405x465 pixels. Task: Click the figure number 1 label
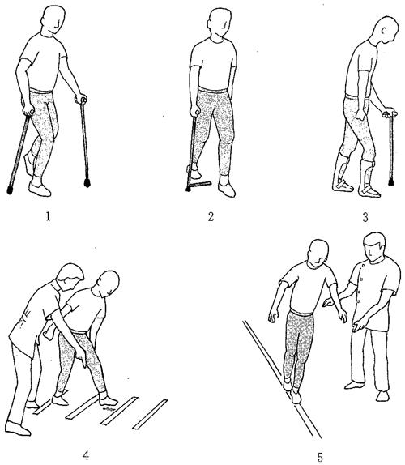pyautogui.click(x=48, y=217)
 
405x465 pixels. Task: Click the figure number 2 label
pyautogui.click(x=211, y=217)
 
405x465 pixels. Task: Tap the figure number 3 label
pyautogui.click(x=365, y=217)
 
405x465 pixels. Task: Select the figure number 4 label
pyautogui.click(x=86, y=454)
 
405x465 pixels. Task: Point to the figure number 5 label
pyautogui.click(x=320, y=457)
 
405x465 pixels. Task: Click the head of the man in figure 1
pyautogui.click(x=53, y=20)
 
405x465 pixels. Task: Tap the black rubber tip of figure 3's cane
pyautogui.click(x=391, y=181)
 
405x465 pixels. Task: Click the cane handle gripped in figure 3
pyautogui.click(x=390, y=114)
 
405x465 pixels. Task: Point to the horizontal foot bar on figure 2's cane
pyautogui.click(x=200, y=185)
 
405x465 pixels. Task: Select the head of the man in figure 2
pyautogui.click(x=220, y=23)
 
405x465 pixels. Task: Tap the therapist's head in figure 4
pyautogui.click(x=71, y=276)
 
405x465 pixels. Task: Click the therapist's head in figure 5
pyautogui.click(x=374, y=246)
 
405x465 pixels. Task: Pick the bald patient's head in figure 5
pyautogui.click(x=318, y=253)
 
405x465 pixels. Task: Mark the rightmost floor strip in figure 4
pyautogui.click(x=150, y=414)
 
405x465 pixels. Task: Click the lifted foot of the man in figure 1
pyautogui.click(x=29, y=164)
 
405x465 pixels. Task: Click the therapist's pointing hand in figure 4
pyautogui.click(x=81, y=357)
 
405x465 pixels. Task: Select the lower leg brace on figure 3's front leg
pyautogui.click(x=368, y=177)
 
